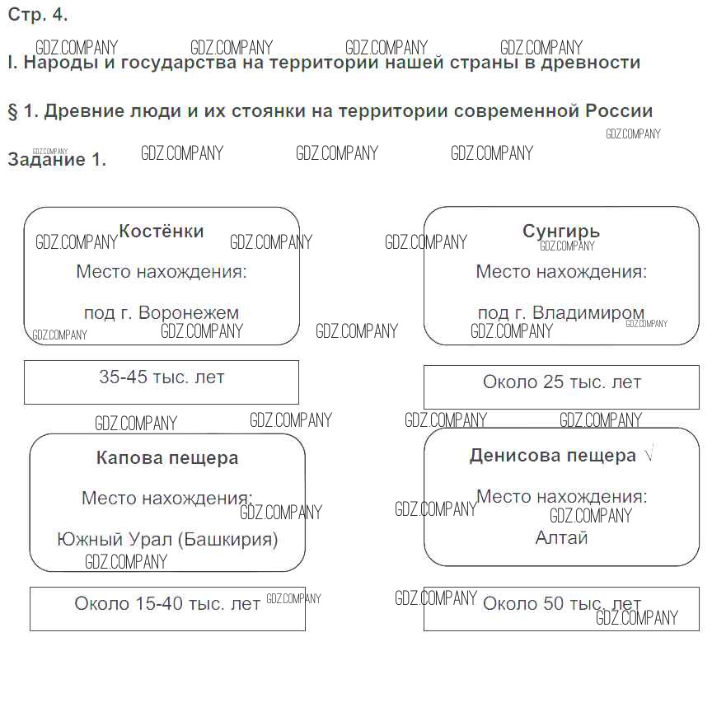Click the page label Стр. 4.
38,15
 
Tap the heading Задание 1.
57,160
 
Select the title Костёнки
162,232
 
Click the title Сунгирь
561,232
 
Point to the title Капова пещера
167,458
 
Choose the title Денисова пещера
552,456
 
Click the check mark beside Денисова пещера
649,454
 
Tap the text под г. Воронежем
162,313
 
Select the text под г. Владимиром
561,313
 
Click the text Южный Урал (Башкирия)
167,540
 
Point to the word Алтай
561,538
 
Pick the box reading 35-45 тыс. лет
162,382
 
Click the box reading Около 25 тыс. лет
561,386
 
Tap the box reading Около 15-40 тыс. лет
167,608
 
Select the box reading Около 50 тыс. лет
561,608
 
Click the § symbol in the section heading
12,111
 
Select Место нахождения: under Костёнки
162,272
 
